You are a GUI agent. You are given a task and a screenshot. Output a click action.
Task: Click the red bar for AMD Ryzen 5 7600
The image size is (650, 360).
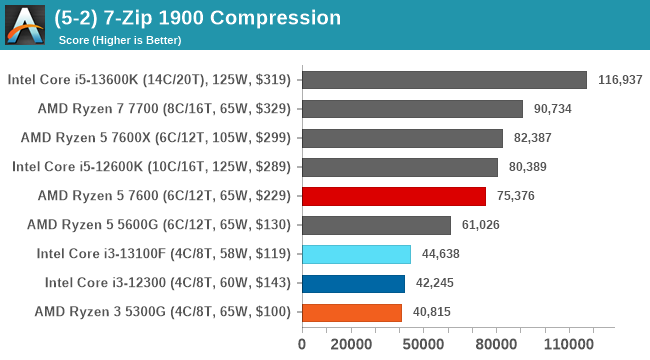click(x=393, y=196)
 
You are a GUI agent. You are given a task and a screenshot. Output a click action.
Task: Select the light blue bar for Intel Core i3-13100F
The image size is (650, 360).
click(x=355, y=254)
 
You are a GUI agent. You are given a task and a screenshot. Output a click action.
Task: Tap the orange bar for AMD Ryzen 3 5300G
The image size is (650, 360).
click(x=351, y=312)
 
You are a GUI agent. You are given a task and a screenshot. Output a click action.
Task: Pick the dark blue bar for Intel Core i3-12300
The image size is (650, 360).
click(x=352, y=283)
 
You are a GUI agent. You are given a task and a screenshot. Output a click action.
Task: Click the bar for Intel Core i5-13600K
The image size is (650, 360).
click(x=443, y=80)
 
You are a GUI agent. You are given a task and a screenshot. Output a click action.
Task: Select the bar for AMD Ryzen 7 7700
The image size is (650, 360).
click(x=411, y=109)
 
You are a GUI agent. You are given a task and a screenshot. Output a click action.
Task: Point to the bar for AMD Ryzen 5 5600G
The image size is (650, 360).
click(x=375, y=225)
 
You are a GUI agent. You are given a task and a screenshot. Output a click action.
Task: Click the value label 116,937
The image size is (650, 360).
click(x=619, y=80)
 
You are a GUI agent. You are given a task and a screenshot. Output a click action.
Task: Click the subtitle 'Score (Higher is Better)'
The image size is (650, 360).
click(x=121, y=40)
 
